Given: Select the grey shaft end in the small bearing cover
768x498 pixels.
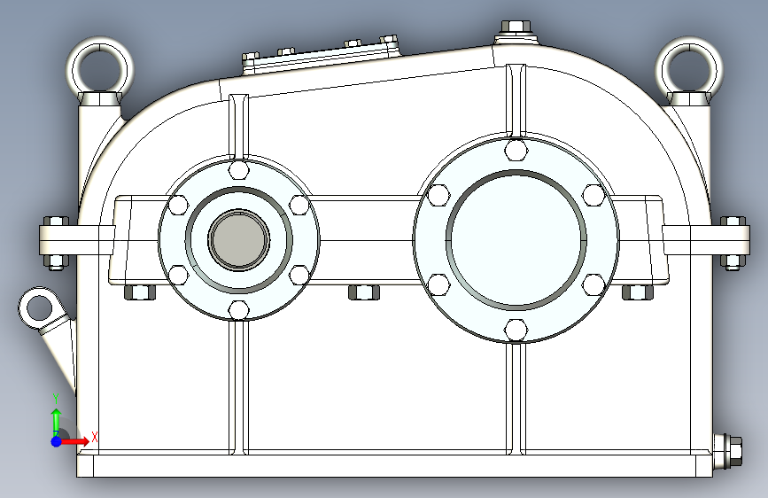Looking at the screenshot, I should pyautogui.click(x=239, y=239).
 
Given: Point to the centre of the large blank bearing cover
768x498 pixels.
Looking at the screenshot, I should pyautogui.click(x=516, y=239).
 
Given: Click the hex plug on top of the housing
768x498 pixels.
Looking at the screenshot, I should pyautogui.click(x=516, y=29).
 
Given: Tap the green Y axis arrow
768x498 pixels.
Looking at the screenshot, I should pyautogui.click(x=56, y=419).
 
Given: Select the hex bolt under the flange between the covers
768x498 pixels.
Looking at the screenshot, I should pyautogui.click(x=364, y=292).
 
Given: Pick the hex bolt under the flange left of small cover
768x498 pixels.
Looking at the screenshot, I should pyautogui.click(x=140, y=292).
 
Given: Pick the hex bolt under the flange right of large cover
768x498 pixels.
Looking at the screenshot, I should pyautogui.click(x=637, y=292).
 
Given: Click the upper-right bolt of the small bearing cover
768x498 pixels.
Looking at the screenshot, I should pyautogui.click(x=299, y=205).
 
